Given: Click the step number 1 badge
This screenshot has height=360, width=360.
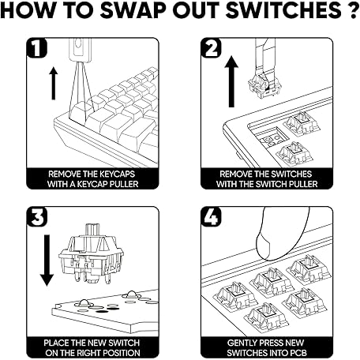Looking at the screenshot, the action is point(36,47).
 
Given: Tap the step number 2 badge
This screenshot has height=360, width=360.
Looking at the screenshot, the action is point(211,47).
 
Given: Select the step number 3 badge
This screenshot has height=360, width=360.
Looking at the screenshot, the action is point(37,216).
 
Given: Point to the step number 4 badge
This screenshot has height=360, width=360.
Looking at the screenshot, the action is point(211,216).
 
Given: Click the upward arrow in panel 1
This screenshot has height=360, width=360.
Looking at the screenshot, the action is point(54,84).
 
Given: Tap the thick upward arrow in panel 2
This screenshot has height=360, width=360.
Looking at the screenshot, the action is point(231,81).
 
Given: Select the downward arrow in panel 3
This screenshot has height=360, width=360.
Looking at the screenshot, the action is point(47,261).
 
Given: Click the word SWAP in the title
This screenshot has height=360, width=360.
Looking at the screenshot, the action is point(133,10).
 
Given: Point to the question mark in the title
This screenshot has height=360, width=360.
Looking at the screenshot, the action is point(353,10).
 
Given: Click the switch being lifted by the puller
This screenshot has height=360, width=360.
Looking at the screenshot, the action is point(264,85).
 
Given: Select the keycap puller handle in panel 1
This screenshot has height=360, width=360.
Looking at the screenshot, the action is point(81,50).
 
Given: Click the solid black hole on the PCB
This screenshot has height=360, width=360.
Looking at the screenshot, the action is point(103,312).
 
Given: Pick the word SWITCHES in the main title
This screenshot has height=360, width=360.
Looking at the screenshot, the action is point(283,10).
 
